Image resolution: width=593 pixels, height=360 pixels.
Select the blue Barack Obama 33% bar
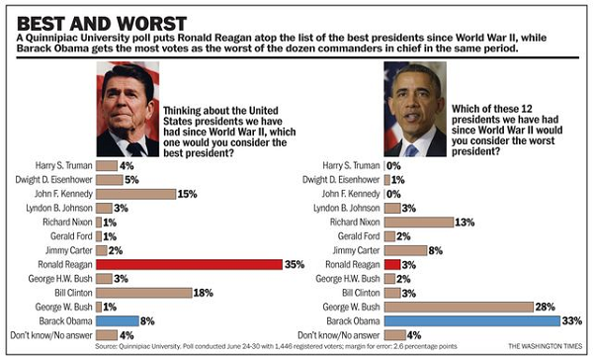point(464,320)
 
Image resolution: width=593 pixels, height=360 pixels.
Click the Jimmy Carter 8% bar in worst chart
point(397,251)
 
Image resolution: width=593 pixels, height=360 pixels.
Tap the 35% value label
point(294,265)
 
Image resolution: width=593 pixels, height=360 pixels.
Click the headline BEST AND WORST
point(90,21)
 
